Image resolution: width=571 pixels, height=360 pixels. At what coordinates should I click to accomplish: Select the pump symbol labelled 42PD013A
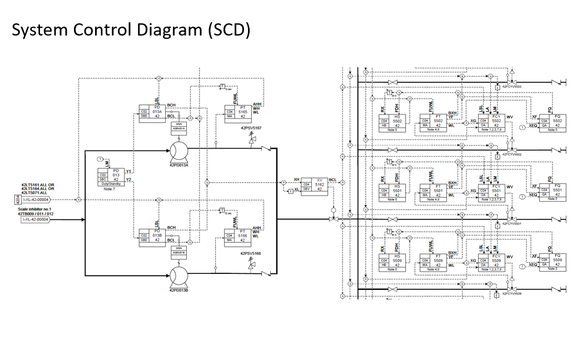[178, 151]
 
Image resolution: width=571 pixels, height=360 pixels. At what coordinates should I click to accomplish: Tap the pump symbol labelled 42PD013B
[178, 276]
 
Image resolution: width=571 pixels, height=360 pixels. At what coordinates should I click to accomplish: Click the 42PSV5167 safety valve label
[251, 128]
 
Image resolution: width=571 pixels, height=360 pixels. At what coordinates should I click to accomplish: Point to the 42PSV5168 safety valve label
[251, 253]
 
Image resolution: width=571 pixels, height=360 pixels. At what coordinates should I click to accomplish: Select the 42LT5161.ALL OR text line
[38, 184]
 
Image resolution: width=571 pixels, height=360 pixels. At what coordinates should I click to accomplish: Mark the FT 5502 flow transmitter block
[433, 122]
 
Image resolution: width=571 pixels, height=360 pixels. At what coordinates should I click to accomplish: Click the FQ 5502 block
[552, 122]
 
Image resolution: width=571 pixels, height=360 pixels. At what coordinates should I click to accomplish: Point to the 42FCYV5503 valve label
[512, 87]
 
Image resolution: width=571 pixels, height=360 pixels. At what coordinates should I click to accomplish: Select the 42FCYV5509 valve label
[512, 293]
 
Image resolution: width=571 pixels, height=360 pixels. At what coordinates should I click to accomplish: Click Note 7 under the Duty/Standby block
[110, 189]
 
